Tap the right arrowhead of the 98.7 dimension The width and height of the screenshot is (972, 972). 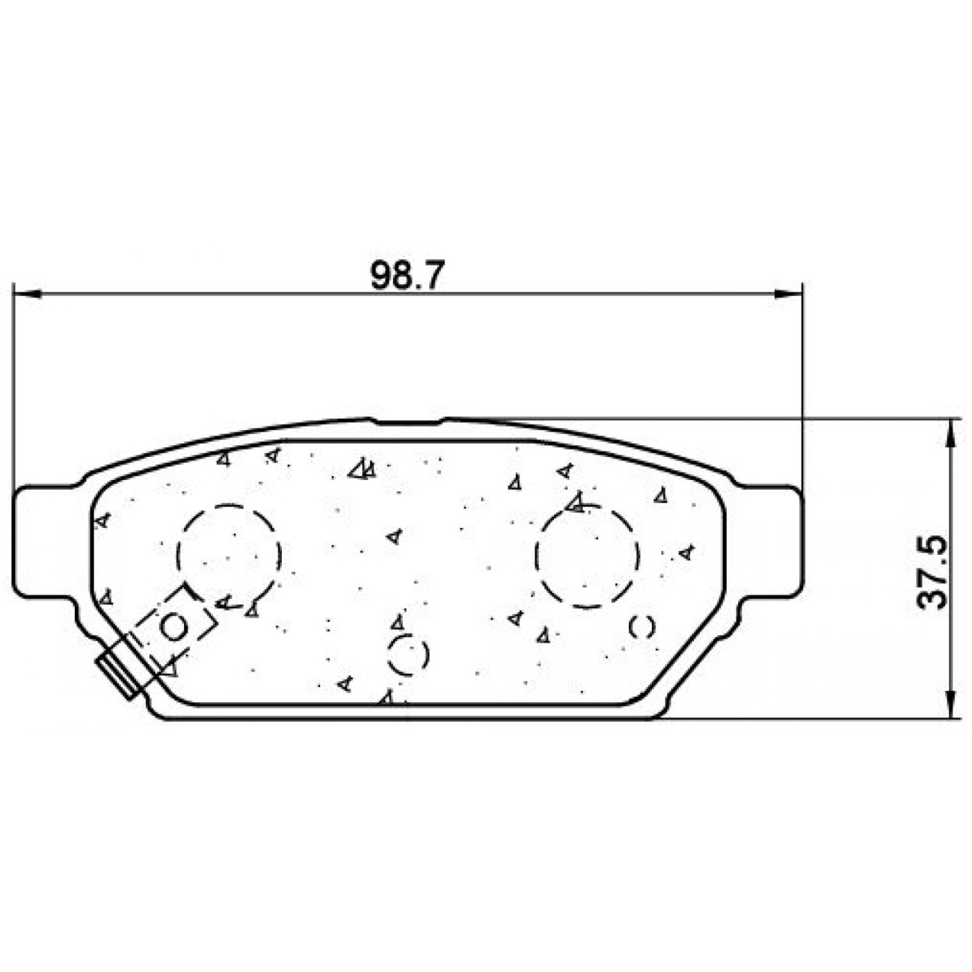point(788,294)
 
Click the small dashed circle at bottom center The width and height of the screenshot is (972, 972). point(390,654)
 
